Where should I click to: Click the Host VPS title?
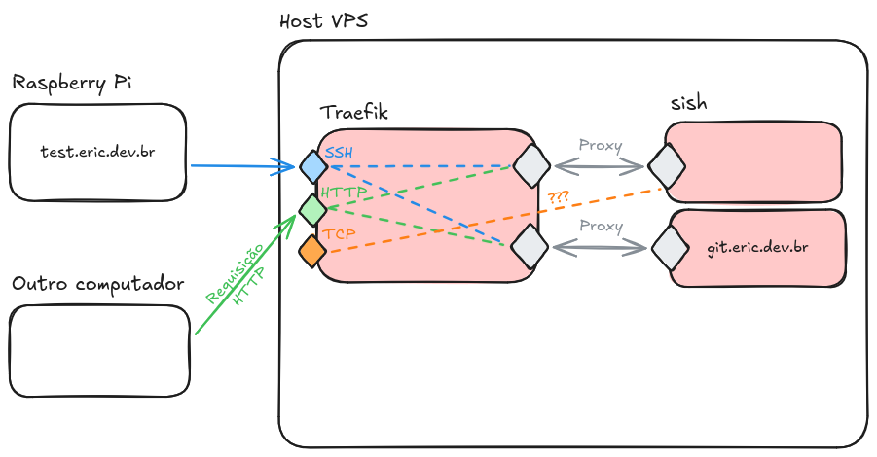click(323, 20)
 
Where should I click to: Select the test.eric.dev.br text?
click(97, 153)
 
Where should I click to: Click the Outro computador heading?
click(98, 284)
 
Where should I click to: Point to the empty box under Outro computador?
click(98, 351)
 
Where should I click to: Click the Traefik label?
click(353, 113)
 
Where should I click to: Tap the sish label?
click(688, 104)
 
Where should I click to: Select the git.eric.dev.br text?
click(757, 248)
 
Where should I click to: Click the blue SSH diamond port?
click(312, 166)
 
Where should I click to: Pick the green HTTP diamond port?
click(312, 208)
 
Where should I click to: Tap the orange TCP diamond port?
click(312, 251)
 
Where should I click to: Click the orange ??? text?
click(559, 197)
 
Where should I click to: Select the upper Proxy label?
click(600, 145)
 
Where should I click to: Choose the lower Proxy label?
click(600, 226)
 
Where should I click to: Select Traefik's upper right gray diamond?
click(531, 165)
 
